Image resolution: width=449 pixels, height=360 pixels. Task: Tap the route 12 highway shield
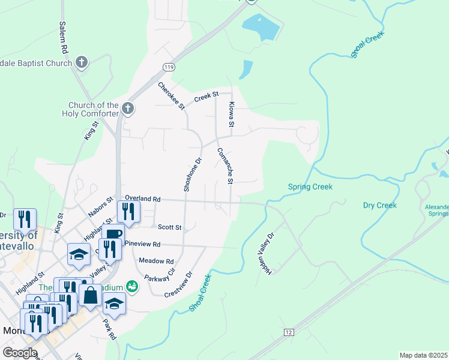(x=289, y=332)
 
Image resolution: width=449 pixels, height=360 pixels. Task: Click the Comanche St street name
(x=225, y=166)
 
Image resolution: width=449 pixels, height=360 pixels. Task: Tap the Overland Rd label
(x=143, y=198)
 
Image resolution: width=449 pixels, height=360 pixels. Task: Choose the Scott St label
(x=169, y=227)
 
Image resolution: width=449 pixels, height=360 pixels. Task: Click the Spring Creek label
(x=310, y=187)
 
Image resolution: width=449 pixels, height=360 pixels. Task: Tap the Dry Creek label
(x=380, y=205)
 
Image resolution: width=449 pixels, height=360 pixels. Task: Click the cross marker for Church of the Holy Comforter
(x=127, y=109)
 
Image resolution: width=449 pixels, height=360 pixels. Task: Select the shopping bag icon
(x=90, y=295)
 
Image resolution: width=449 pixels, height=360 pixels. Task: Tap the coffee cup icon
(x=112, y=234)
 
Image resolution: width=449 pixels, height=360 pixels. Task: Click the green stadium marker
(x=132, y=287)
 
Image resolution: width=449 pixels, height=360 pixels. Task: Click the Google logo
(x=20, y=353)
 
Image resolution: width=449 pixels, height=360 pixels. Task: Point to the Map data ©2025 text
(x=423, y=355)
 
